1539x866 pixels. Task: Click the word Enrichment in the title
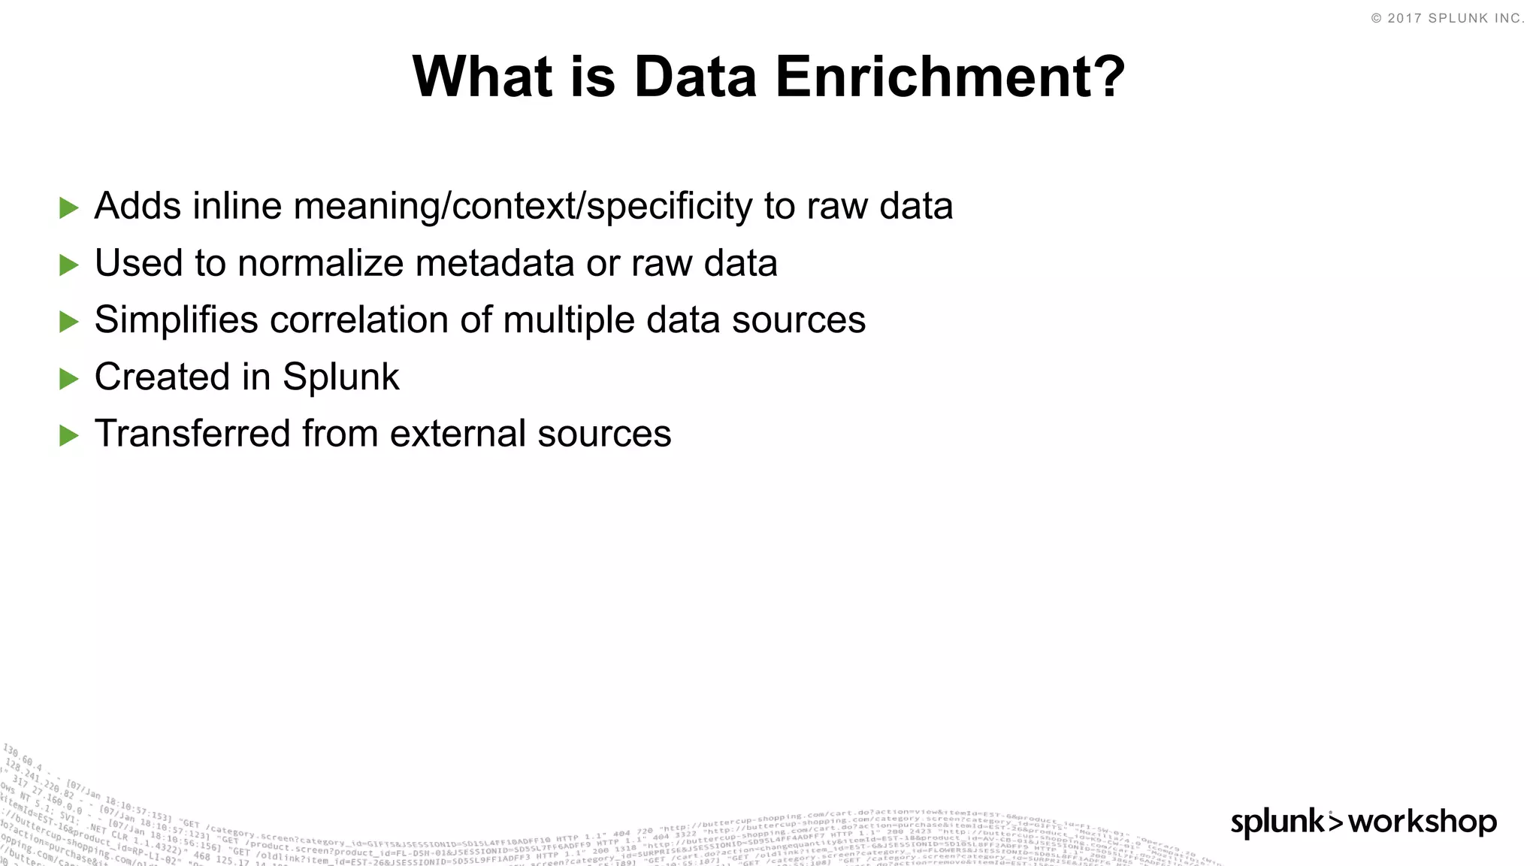click(950, 77)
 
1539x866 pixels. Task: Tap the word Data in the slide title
click(694, 77)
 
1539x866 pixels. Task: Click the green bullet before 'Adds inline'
click(69, 208)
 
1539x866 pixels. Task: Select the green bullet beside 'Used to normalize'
click(69, 265)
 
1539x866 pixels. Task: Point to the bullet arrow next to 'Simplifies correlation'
click(69, 322)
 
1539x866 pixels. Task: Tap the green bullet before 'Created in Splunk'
click(69, 379)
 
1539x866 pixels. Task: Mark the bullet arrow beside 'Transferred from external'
click(69, 435)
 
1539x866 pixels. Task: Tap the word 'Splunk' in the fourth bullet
click(340, 377)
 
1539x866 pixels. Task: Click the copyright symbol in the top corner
click(1376, 19)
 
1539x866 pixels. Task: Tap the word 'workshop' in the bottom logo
click(1423, 822)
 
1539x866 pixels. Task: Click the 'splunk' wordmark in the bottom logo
click(1278, 822)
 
